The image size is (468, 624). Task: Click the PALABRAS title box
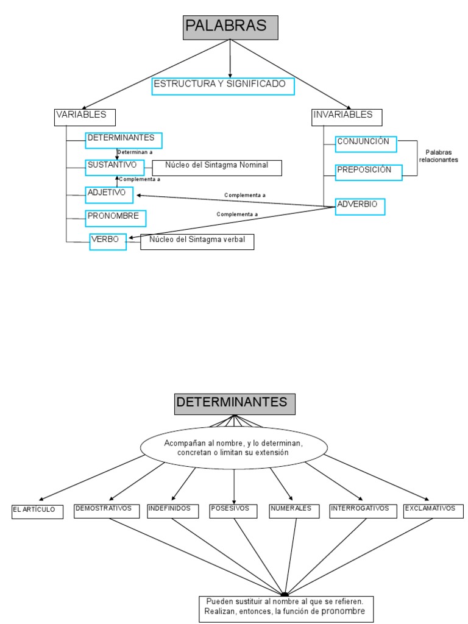pos(230,27)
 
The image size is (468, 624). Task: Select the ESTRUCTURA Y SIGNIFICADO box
pos(223,86)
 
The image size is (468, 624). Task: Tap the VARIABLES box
pos(85,117)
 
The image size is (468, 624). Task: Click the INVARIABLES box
pos(347,117)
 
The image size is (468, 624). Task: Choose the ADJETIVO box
pos(109,194)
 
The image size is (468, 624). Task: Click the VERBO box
pos(108,242)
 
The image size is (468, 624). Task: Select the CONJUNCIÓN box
pos(366,144)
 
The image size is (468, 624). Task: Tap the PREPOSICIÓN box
pos(368,172)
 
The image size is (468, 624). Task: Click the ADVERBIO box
pos(360,207)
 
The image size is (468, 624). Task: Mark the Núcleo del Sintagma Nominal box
pos(217,168)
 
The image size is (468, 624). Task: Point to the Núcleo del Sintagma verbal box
pos(197,242)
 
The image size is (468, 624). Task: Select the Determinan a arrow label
pos(135,152)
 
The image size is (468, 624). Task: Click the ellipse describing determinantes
pos(233,448)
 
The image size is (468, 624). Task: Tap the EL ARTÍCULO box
pos(37,511)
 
